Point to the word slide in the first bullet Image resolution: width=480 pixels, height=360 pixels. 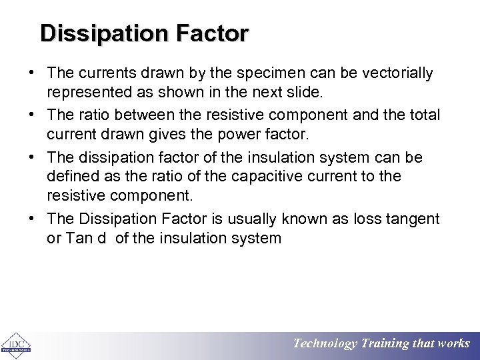click(x=299, y=93)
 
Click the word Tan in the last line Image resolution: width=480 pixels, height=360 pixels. click(x=79, y=239)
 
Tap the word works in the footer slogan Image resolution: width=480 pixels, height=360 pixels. click(x=453, y=344)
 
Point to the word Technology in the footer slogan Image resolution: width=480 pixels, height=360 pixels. click(x=325, y=344)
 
